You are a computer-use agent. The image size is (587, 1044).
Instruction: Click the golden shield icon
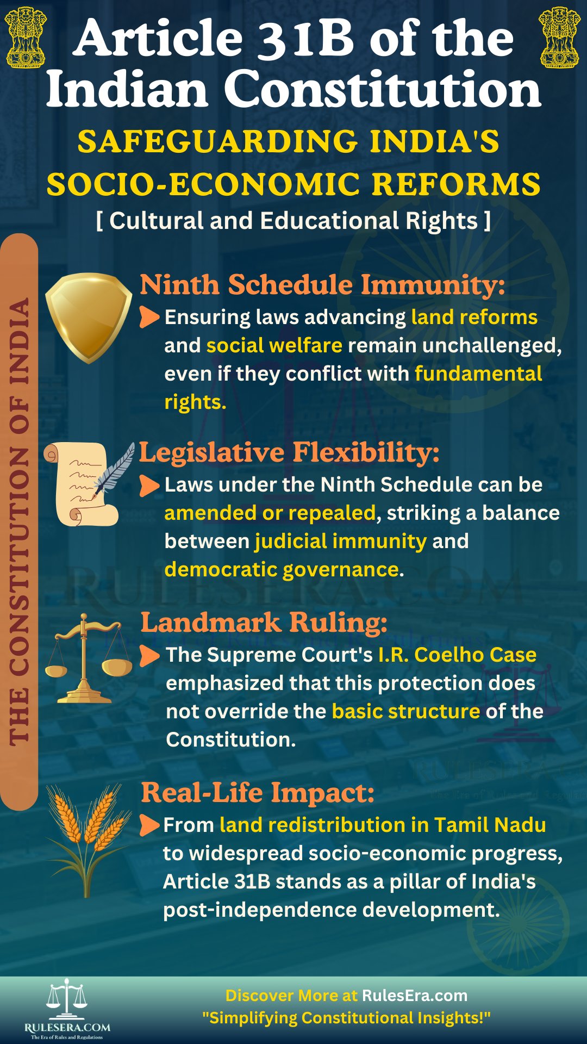pos(89,317)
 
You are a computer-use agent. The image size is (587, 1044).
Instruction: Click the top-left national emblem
pos(25,37)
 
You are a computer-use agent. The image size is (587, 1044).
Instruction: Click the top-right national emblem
pos(559,37)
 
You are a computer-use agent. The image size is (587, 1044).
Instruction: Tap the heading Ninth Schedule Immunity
pos(322,284)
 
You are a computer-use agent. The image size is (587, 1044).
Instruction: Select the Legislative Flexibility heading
pos(289,452)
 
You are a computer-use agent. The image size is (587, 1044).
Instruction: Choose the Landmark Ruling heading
pos(264,623)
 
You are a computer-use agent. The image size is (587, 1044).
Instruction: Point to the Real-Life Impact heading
pos(258,792)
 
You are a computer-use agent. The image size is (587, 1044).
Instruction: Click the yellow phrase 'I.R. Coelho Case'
pos(457,655)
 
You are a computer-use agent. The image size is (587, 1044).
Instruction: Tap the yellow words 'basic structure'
pos(406,711)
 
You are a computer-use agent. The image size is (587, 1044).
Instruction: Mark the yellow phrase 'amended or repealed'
pos(270,513)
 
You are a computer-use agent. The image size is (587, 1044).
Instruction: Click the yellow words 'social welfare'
pos(274,345)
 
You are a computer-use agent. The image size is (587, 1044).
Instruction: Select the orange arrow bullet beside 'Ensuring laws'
pos(149,317)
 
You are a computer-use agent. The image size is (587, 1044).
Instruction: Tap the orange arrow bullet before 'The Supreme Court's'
pos(149,655)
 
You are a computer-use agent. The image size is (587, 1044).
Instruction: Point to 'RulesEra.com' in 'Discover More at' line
pos(415,995)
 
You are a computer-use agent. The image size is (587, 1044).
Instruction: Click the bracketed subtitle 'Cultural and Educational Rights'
pos(293,221)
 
